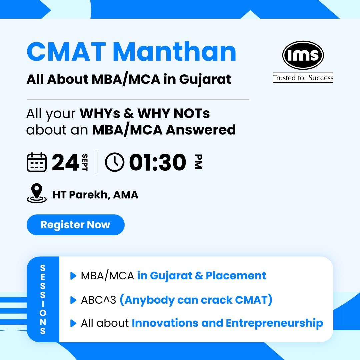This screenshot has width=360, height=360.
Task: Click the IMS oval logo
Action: (303, 55)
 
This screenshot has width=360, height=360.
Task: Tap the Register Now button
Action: (75, 225)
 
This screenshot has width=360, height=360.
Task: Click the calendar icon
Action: (36, 162)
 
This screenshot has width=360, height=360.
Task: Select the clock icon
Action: (114, 162)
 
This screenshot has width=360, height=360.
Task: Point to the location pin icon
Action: (36, 193)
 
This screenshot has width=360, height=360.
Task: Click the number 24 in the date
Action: (66, 162)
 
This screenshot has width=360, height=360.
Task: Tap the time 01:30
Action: (157, 162)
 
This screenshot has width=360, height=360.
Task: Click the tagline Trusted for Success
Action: (303, 78)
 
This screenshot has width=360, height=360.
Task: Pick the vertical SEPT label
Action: (85, 162)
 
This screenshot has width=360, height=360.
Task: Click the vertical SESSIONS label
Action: (43, 299)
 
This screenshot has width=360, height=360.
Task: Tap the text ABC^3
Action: (98, 300)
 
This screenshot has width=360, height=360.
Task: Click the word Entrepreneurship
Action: (274, 323)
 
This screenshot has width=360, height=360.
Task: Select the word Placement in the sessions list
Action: (236, 276)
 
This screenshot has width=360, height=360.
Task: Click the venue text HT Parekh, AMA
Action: (95, 195)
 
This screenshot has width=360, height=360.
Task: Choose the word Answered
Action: (201, 130)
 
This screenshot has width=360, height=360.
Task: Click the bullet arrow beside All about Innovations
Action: (73, 323)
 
